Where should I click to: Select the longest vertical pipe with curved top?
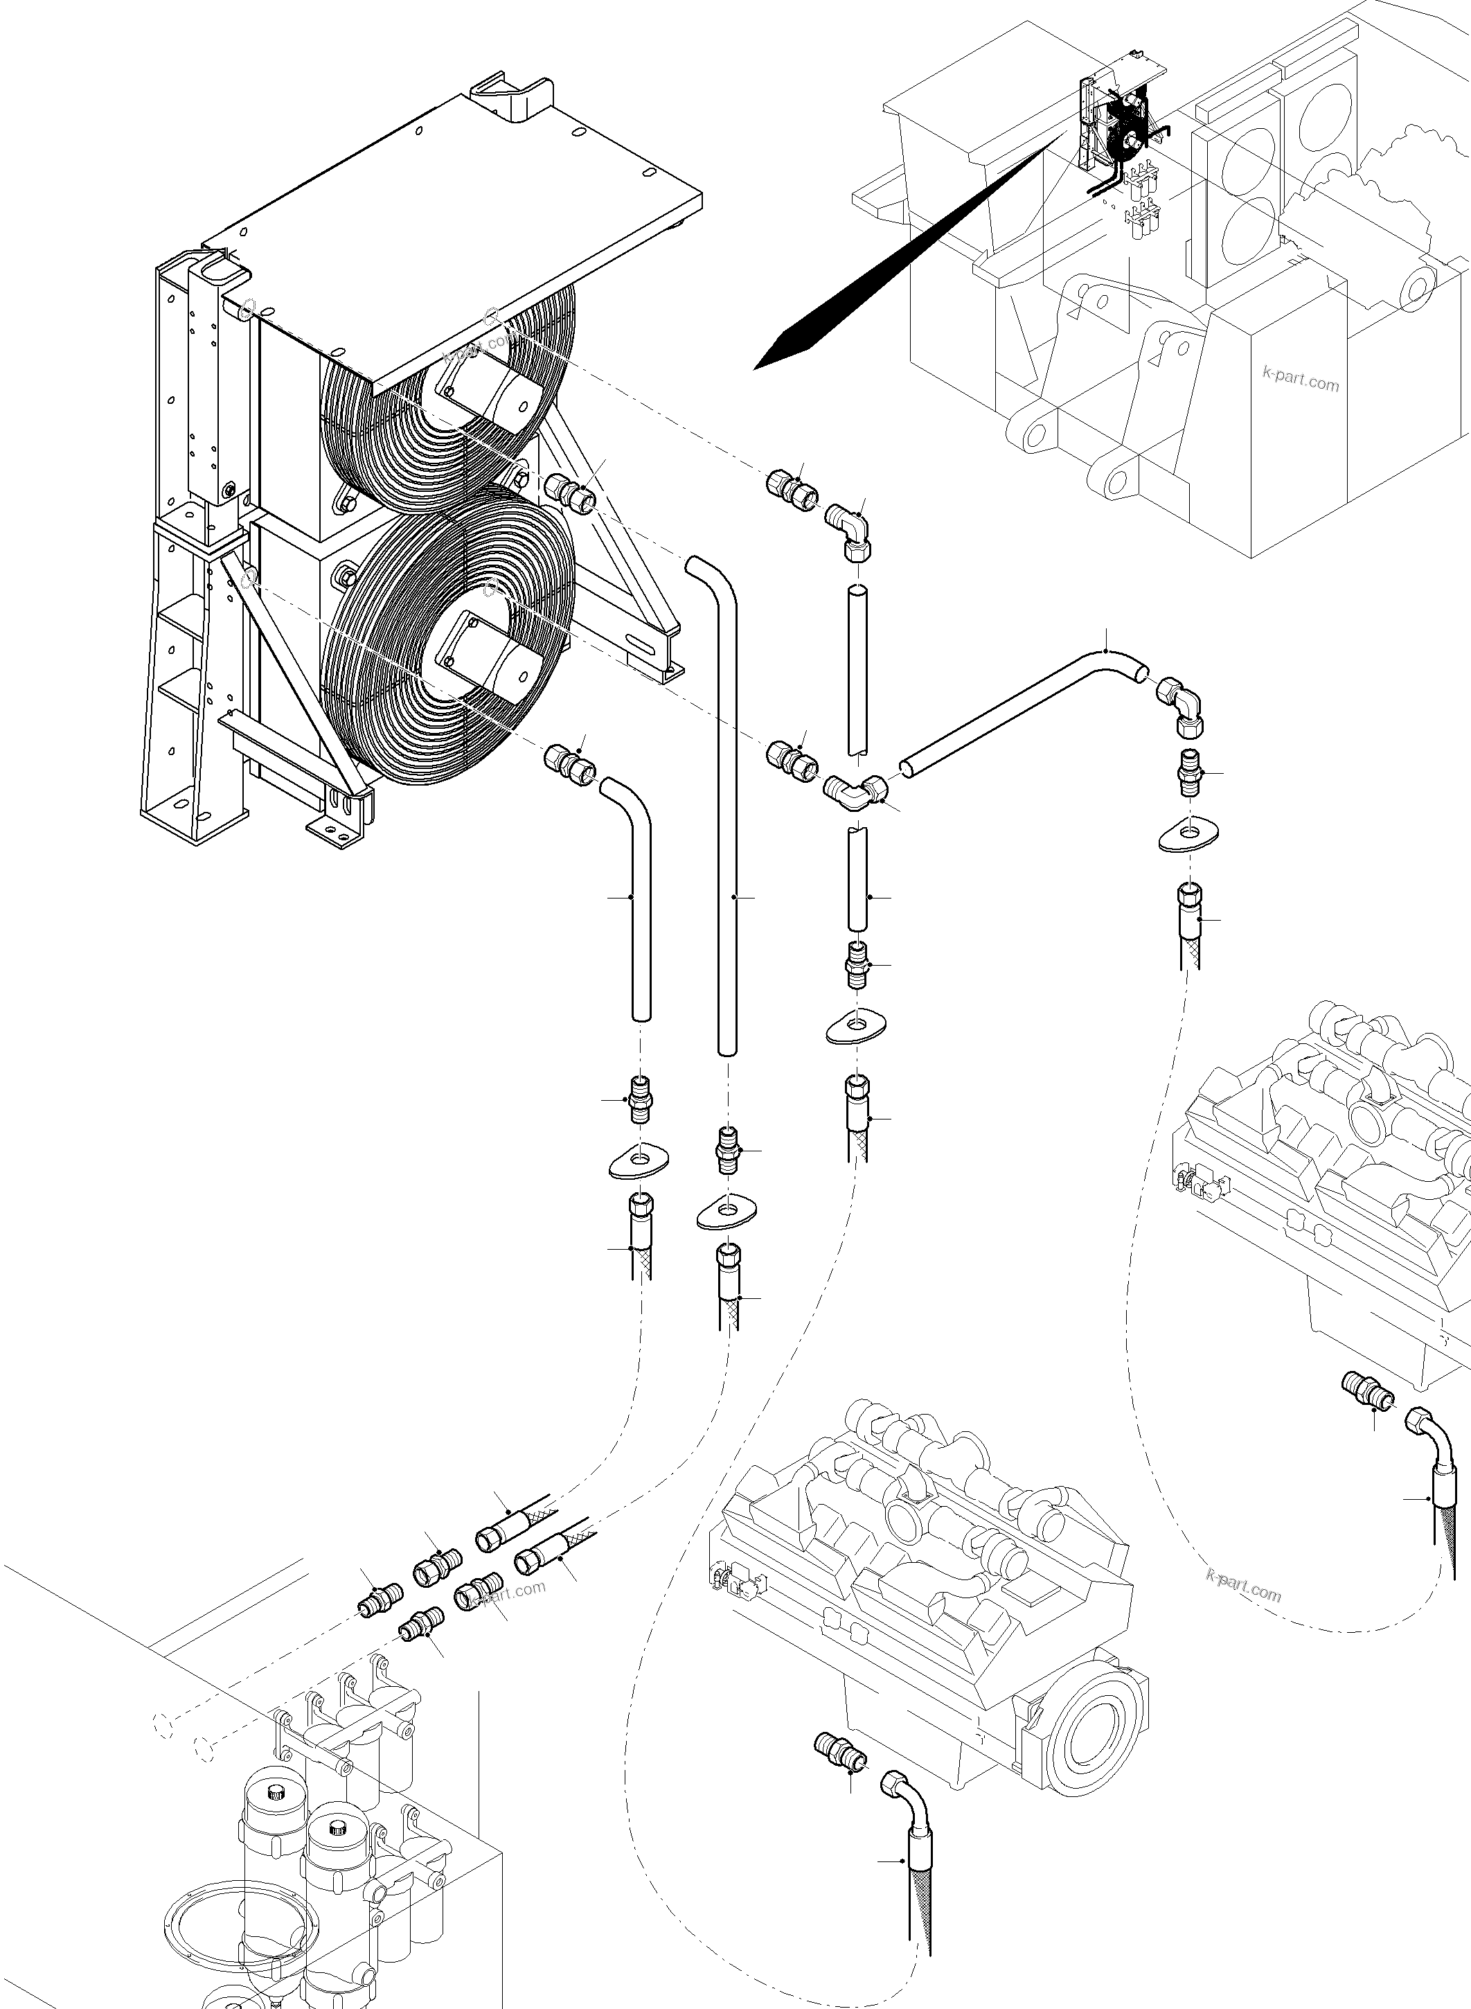coord(726,802)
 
